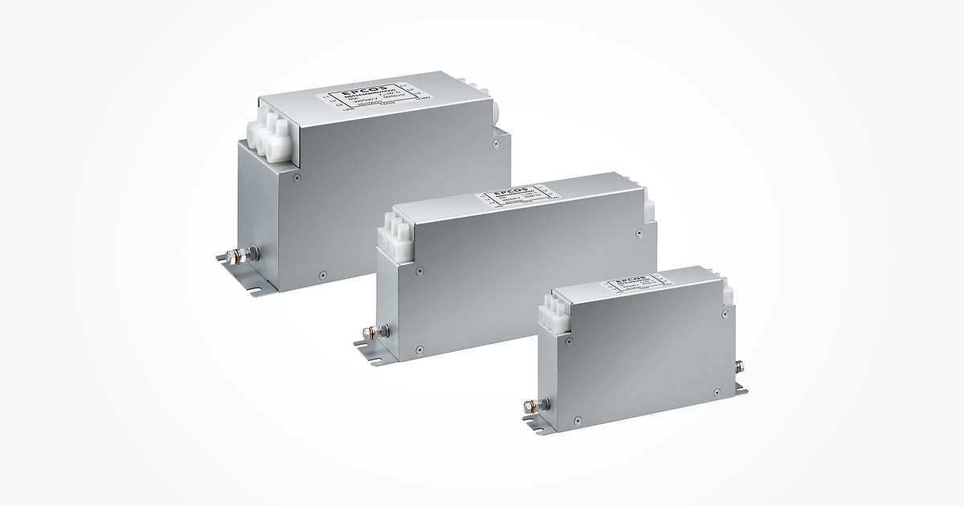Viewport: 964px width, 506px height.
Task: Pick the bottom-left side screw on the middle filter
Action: click(x=419, y=350)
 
